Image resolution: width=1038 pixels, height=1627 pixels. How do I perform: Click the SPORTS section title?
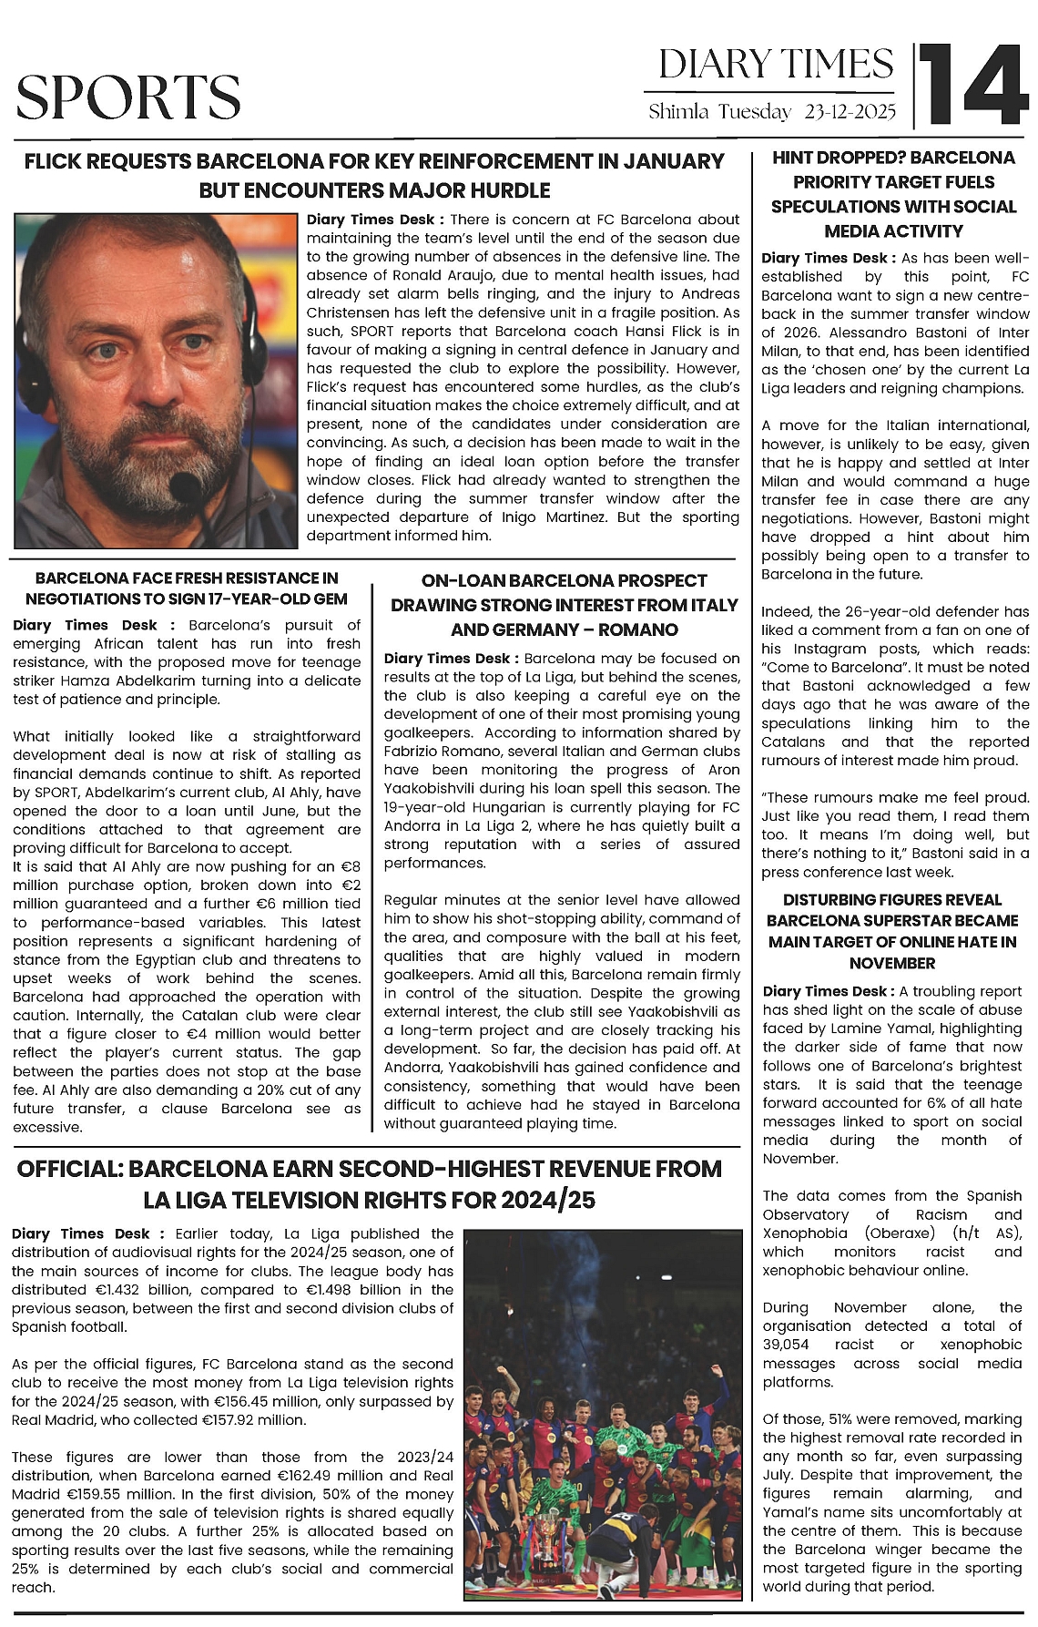[128, 97]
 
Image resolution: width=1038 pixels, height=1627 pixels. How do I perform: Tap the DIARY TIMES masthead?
[776, 64]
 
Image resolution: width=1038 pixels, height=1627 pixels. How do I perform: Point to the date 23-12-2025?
[850, 112]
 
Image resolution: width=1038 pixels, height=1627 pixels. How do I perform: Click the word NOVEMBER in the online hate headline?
[891, 963]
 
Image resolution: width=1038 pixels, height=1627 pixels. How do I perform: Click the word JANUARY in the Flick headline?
[674, 162]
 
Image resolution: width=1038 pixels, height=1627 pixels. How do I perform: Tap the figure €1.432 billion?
[139, 1290]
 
